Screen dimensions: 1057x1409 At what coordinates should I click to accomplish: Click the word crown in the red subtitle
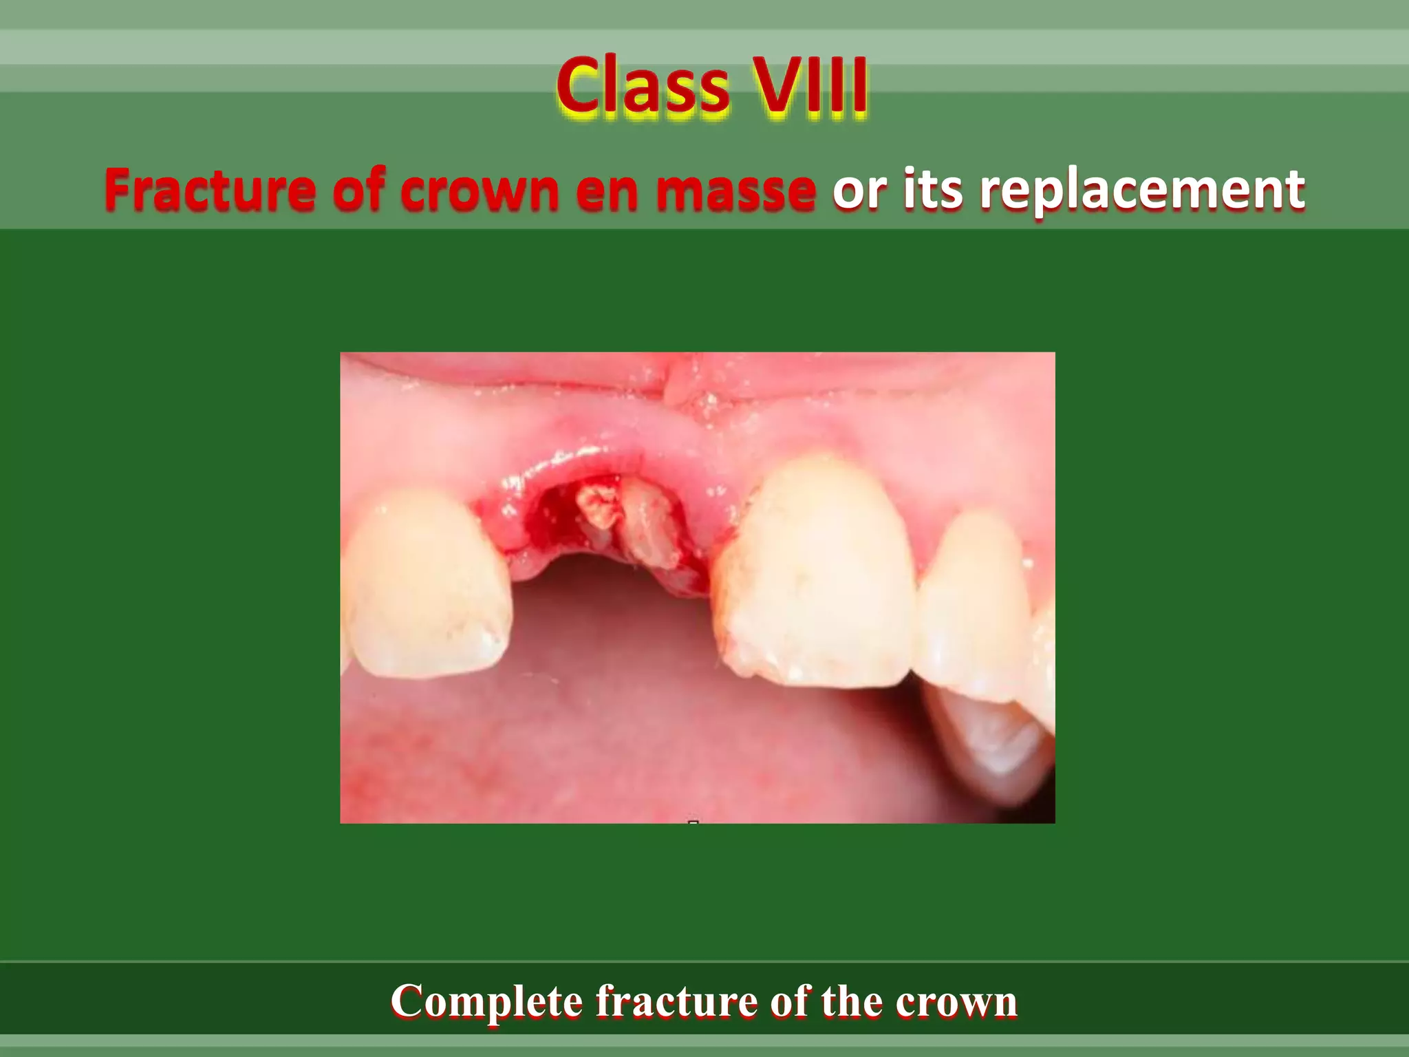click(x=479, y=191)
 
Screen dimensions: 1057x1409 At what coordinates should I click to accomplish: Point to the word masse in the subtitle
click(x=735, y=191)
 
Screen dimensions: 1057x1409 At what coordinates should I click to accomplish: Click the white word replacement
click(x=1142, y=191)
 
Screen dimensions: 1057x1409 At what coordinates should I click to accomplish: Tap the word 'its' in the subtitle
click(x=932, y=191)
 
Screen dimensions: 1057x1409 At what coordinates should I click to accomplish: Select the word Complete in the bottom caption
click(x=486, y=1001)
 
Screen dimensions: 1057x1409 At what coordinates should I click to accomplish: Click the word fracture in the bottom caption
click(x=677, y=1001)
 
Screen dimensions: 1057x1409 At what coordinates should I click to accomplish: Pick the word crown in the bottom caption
click(x=956, y=1003)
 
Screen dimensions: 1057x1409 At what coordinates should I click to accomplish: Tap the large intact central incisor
click(x=819, y=578)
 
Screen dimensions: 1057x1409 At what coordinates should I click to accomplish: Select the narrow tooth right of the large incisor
click(x=977, y=606)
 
